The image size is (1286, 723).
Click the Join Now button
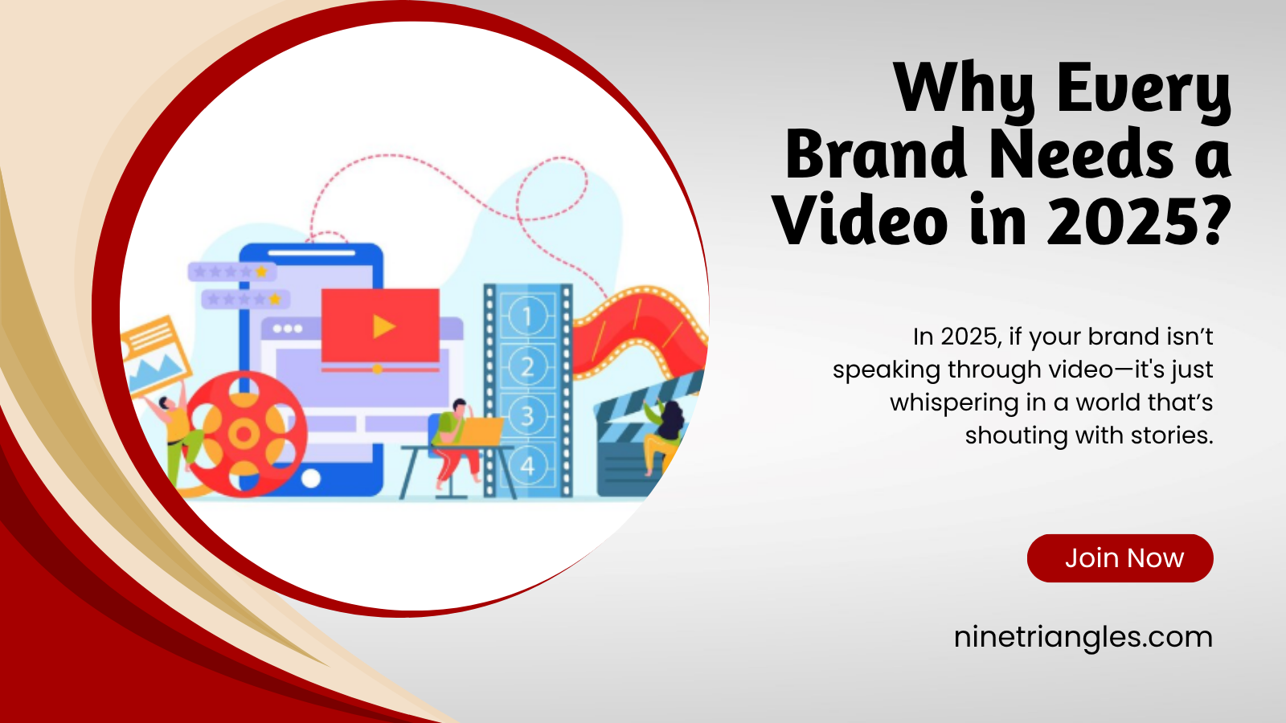click(x=1120, y=558)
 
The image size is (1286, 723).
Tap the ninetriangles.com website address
click(x=1083, y=638)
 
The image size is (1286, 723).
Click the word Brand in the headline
click(x=877, y=153)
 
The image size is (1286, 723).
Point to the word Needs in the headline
click(x=1082, y=153)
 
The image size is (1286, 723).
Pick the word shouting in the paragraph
click(x=1015, y=435)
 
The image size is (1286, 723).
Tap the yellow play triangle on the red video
click(x=383, y=326)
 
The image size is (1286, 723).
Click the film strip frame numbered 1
click(x=527, y=315)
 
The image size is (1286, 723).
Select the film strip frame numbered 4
click(x=527, y=466)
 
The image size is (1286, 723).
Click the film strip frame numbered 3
click(x=527, y=416)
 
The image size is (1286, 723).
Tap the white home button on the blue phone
click(x=310, y=478)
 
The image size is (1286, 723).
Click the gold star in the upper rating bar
click(x=261, y=272)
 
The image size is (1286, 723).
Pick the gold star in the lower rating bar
click(x=275, y=299)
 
